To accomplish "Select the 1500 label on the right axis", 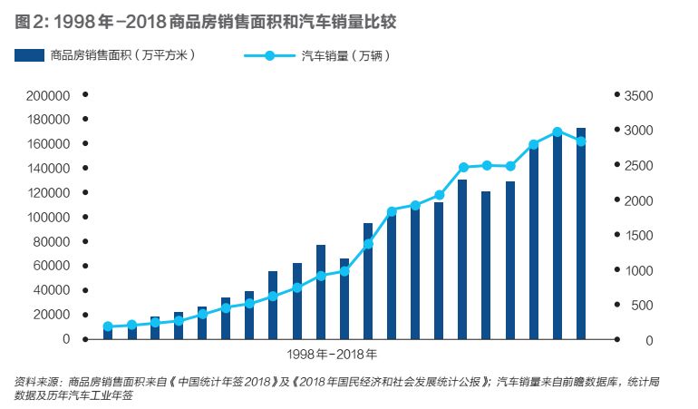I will click(x=638, y=236).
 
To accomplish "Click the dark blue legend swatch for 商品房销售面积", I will click(x=30, y=56).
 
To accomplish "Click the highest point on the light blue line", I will click(x=557, y=132).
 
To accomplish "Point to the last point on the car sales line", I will click(x=581, y=141).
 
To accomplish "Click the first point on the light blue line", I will click(x=108, y=326).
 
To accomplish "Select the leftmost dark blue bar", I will click(x=108, y=333).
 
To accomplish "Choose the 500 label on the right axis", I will click(x=641, y=306).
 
